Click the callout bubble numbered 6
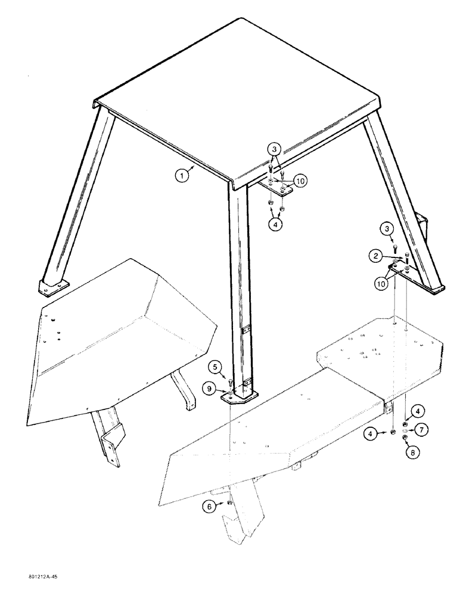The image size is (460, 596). click(x=208, y=507)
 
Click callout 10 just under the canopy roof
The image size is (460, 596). click(x=300, y=180)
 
